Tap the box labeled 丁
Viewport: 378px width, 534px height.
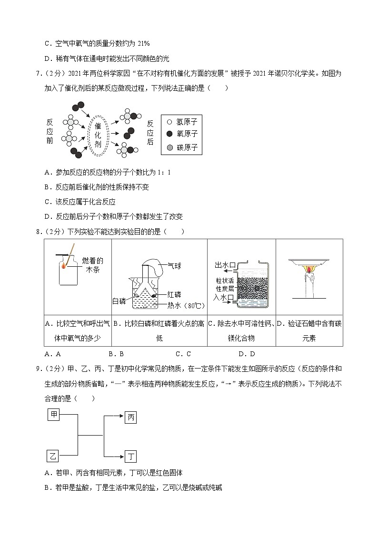pos(131,456)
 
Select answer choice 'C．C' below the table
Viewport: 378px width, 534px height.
pos(183,353)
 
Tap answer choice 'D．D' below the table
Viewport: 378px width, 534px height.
pos(247,353)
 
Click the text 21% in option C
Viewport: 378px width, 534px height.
pos(143,43)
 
